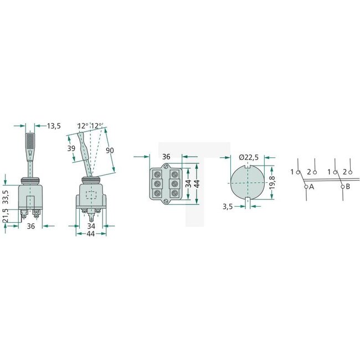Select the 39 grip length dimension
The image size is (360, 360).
pyautogui.click(x=70, y=149)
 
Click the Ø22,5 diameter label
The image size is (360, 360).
pyautogui.click(x=249, y=158)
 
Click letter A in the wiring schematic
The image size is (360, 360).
pyautogui.click(x=311, y=187)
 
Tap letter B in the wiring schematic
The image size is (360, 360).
pyautogui.click(x=348, y=187)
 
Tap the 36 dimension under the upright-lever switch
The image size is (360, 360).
pyautogui.click(x=31, y=226)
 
